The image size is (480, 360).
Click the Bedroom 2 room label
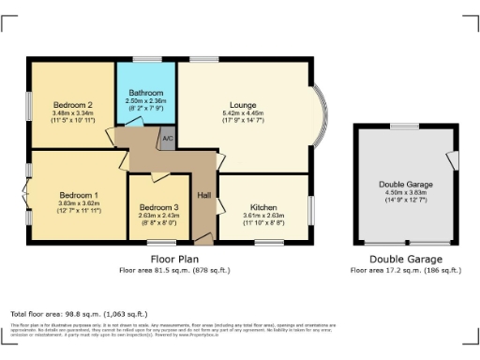click(x=72, y=104)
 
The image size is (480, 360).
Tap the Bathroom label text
click(x=145, y=94)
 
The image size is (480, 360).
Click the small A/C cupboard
click(x=168, y=139)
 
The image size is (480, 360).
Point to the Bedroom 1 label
click(x=73, y=195)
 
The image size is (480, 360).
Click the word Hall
click(x=203, y=196)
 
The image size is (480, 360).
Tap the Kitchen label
click(x=262, y=207)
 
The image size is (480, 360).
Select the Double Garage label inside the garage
click(x=404, y=185)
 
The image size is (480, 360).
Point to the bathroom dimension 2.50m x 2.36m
click(x=145, y=102)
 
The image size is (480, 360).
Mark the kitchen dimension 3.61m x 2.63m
click(x=262, y=216)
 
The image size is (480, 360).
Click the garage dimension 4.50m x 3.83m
click(x=404, y=193)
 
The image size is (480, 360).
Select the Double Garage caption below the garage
click(x=405, y=259)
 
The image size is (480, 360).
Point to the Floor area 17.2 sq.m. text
click(x=405, y=270)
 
